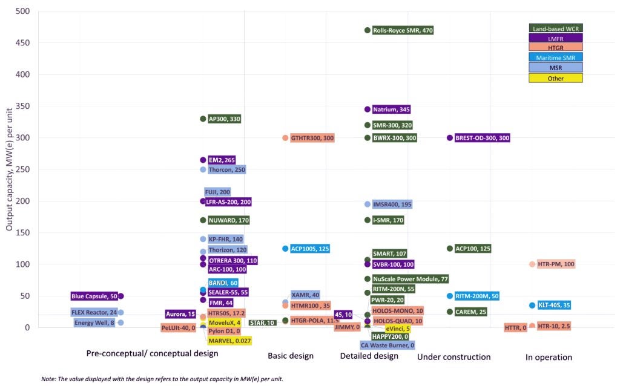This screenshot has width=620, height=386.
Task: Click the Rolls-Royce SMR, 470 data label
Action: coord(403,30)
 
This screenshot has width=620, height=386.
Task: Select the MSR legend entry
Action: coord(556,68)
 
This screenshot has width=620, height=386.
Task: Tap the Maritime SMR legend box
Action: coord(556,57)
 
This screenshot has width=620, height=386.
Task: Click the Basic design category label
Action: coord(291,356)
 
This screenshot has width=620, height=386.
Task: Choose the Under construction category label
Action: coord(453,357)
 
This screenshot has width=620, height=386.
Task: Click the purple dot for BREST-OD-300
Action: coord(450,138)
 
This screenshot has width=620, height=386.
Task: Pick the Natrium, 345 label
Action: coord(391,110)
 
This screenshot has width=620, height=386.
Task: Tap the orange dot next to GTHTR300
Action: coord(285,138)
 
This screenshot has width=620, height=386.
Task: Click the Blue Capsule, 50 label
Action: coord(94,296)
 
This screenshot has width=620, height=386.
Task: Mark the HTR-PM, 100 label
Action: coord(556,264)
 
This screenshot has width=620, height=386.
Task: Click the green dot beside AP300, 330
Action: coord(203,119)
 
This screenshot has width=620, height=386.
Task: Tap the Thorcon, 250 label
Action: coord(226,169)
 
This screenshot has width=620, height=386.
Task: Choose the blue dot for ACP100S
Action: coord(285,249)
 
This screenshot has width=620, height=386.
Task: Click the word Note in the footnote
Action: coord(48,379)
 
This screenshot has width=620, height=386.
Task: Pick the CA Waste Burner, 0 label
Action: coord(387,345)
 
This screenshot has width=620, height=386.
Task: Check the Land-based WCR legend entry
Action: coord(556,28)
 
